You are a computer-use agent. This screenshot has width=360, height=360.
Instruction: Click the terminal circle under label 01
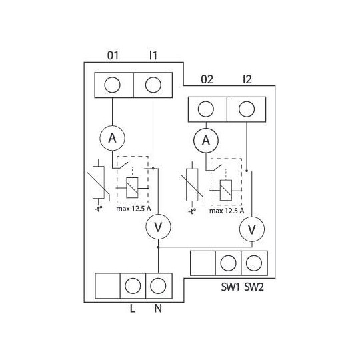point(113,84)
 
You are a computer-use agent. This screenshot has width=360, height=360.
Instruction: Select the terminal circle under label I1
point(153,84)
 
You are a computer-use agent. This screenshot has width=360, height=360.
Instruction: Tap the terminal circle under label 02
point(207,108)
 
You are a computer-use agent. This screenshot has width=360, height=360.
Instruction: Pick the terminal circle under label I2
point(246,108)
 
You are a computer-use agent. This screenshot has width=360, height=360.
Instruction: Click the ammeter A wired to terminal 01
point(113,138)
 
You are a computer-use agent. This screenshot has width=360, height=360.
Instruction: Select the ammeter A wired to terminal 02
point(207,140)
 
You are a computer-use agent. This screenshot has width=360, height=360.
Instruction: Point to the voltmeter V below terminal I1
point(158,227)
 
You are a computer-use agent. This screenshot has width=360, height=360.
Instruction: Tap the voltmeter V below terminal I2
point(251,229)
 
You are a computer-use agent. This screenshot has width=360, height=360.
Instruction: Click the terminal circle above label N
point(157,286)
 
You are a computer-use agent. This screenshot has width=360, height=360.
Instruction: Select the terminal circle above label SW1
point(229,263)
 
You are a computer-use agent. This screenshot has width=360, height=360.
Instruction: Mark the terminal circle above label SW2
point(253,263)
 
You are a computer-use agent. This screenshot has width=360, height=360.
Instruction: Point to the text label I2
point(247,80)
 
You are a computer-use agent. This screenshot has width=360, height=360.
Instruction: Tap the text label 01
point(113,56)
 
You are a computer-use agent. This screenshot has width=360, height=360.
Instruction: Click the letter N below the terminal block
point(158,309)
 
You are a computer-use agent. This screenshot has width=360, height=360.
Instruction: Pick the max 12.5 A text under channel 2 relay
point(226,211)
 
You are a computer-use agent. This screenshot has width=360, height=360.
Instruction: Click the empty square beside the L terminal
point(107,286)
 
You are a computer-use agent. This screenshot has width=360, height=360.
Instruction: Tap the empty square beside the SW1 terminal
point(203,263)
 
